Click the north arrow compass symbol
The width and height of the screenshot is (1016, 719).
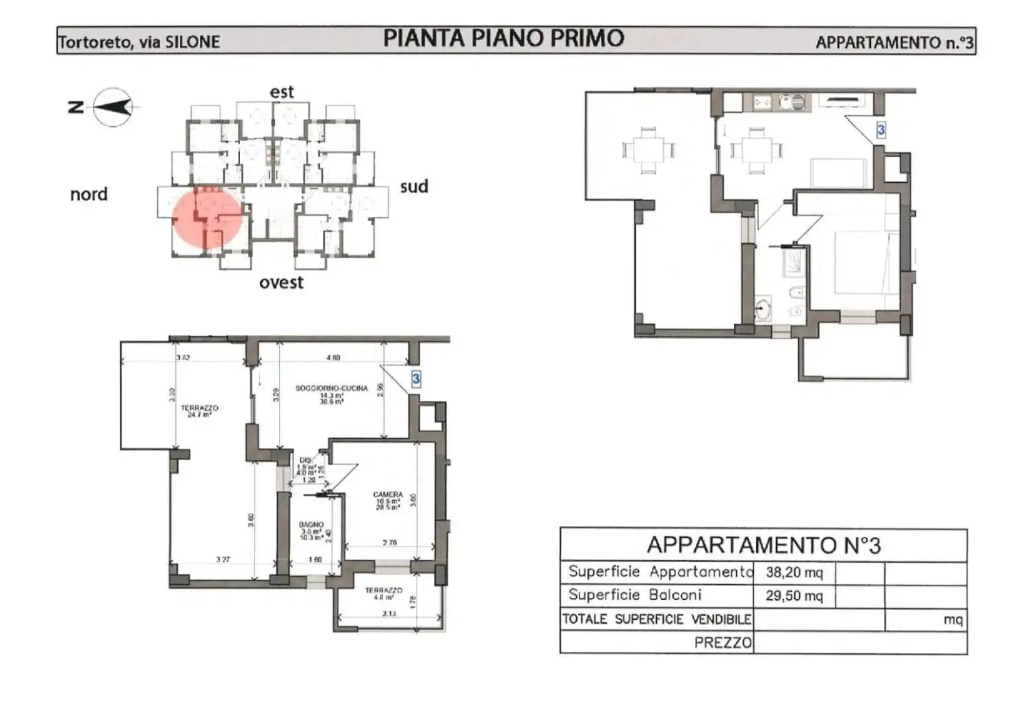pos(113,108)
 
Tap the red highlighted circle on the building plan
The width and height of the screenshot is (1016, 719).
pos(206,218)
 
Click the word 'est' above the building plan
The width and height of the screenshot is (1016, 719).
pos(281,92)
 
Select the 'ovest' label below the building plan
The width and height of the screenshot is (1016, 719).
pos(281,282)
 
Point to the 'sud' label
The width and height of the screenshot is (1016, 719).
pos(414,186)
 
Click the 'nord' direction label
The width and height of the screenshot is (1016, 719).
pos(89,194)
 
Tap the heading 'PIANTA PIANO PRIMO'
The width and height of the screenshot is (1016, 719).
pos(504,38)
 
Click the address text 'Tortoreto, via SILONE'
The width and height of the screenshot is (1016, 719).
pos(139,42)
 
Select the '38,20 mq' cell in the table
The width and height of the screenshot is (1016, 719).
pos(794,572)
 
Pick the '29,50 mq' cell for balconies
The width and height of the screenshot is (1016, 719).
pos(794,596)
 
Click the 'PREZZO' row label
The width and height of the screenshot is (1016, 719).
pos(722,642)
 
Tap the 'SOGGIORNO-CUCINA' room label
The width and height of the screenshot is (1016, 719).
pos(331,388)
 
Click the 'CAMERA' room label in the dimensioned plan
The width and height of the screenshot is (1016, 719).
pos(388,494)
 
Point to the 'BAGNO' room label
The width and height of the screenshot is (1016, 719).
pos(311,525)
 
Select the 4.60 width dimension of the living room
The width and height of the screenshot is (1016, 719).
pos(333,357)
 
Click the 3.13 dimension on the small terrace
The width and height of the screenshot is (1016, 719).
pos(389,614)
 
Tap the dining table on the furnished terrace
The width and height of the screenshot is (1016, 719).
pos(648,149)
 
